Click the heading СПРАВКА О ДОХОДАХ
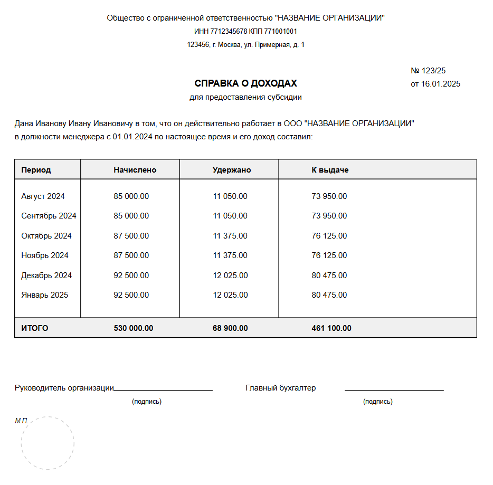click(x=245, y=83)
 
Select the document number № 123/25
click(x=428, y=71)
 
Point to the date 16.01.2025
click(x=440, y=84)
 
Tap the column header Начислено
click(x=135, y=170)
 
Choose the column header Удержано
click(x=232, y=170)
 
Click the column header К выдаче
click(x=330, y=170)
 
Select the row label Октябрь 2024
click(x=46, y=236)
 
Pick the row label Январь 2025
click(x=45, y=295)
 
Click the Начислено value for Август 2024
click(x=131, y=196)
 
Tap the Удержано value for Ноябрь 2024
click(x=230, y=255)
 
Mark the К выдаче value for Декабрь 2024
click(x=329, y=275)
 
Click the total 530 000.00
click(x=134, y=328)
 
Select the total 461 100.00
click(x=331, y=328)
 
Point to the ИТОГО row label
click(x=35, y=328)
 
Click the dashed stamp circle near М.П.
click(x=48, y=443)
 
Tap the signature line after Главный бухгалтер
click(x=394, y=390)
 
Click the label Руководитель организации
click(x=64, y=388)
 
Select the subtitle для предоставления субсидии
click(x=245, y=97)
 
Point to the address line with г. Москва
click(x=245, y=45)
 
